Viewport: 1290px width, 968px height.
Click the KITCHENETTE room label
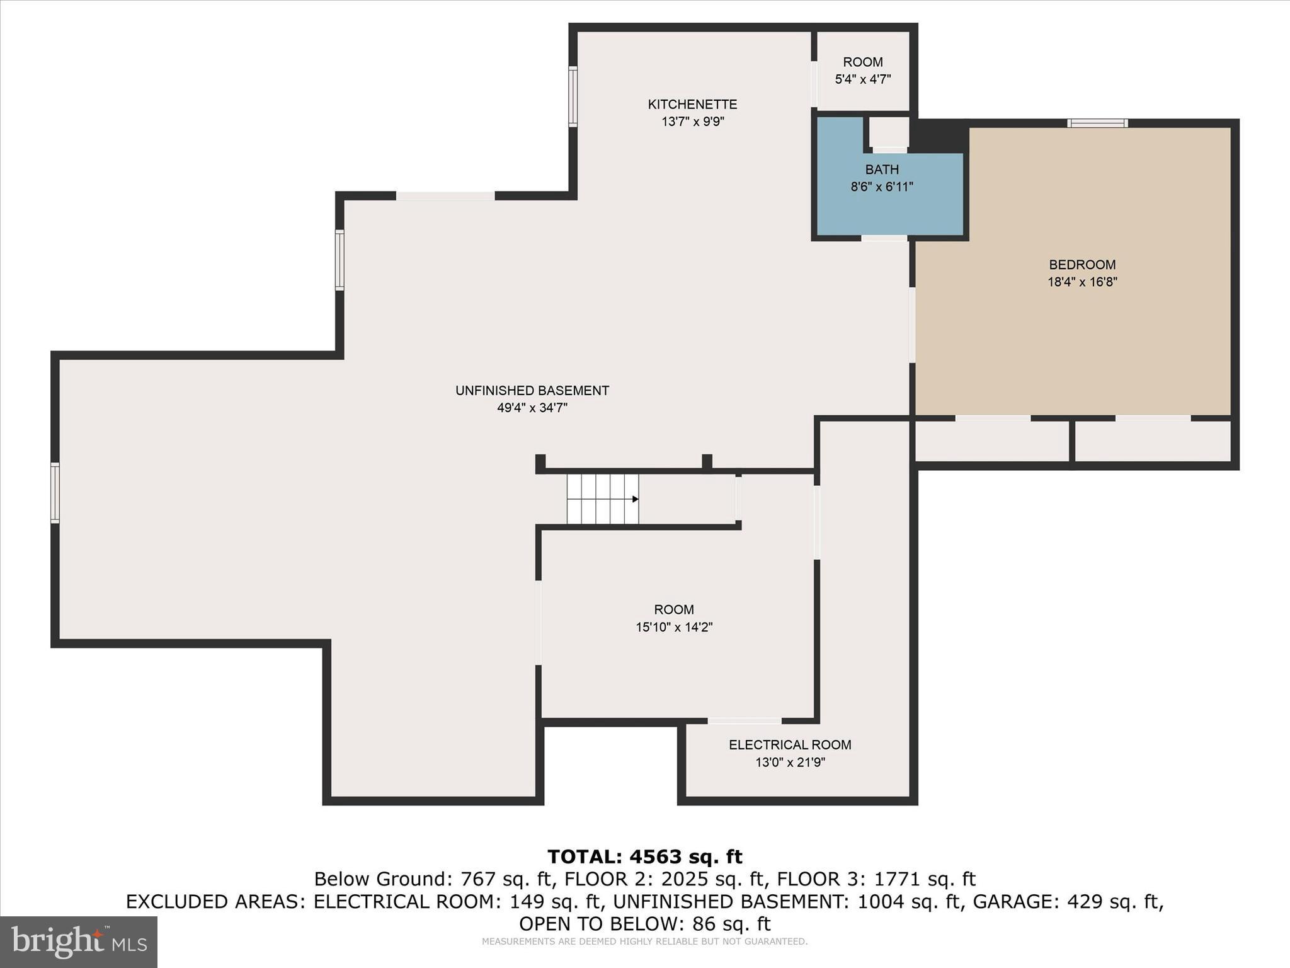coord(692,105)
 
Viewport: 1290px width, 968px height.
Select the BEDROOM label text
coord(1082,265)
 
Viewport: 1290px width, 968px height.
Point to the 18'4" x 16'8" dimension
coord(1082,282)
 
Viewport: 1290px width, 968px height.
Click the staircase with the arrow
coord(603,499)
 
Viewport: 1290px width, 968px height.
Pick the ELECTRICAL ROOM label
coord(790,745)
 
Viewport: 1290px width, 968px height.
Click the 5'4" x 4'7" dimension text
coord(863,79)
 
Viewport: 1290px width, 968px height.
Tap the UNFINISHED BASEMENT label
coord(532,391)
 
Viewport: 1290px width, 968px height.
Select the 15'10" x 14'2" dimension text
coord(674,627)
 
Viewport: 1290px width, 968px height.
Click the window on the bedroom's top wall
coord(1097,123)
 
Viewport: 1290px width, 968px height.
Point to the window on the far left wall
coord(55,493)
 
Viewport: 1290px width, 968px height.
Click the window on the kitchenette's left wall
coord(573,96)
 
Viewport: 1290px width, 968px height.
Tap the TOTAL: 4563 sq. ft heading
coord(645,857)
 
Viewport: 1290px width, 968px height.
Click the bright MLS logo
coord(79,942)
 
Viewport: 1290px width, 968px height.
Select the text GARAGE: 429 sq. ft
coord(1067,902)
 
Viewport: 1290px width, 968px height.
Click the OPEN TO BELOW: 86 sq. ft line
coord(645,924)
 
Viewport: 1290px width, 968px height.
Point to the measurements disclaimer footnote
coord(645,942)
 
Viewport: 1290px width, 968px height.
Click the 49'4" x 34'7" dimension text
coord(532,408)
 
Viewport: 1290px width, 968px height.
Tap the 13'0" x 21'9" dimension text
coord(790,763)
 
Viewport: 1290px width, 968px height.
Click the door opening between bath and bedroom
coord(884,238)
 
